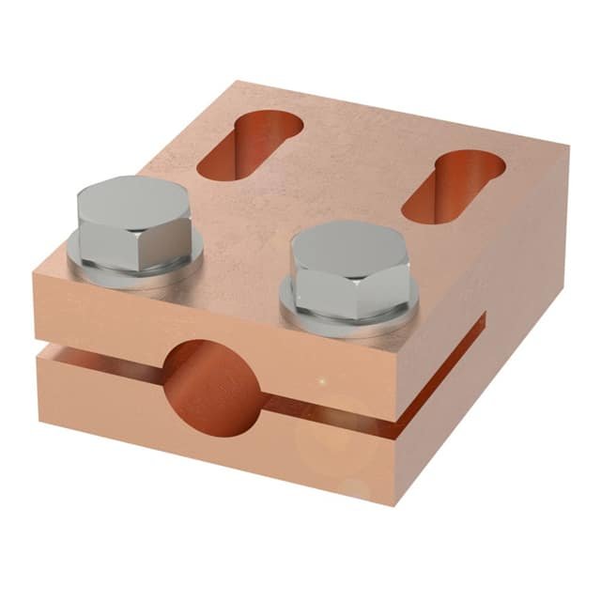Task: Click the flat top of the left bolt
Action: click(134, 197)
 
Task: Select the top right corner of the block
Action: click(567, 146)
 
